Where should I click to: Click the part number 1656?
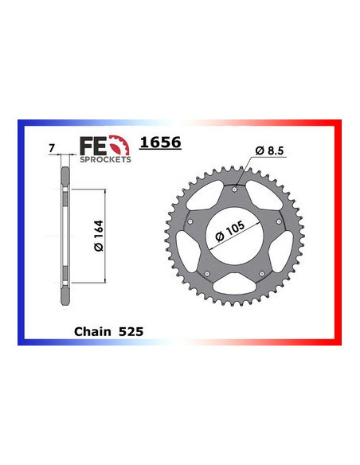[160, 143]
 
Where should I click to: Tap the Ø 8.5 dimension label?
[269, 150]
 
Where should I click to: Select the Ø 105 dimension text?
[230, 231]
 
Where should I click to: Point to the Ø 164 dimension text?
[99, 236]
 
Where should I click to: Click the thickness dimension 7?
[52, 148]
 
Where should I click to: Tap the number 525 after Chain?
[131, 331]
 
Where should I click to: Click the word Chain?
[92, 331]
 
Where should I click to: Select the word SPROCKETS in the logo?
[105, 159]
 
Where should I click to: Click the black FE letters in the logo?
[93, 146]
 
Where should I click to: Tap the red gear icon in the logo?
[119, 145]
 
